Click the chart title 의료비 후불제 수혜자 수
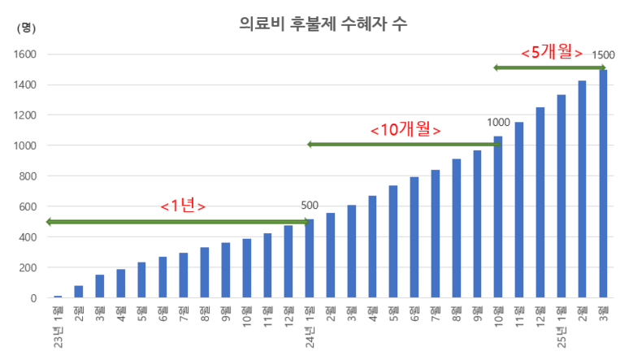324,24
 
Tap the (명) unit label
26,28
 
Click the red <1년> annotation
183,206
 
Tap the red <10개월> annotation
405,130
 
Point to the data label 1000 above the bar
498,123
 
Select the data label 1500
604,55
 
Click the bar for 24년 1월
310,258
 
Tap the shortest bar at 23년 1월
58,297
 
